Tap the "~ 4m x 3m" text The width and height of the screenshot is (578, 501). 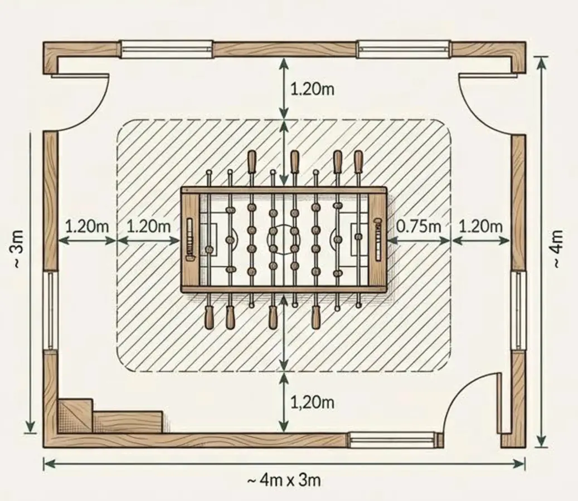click(284, 480)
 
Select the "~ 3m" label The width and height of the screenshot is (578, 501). click(18, 248)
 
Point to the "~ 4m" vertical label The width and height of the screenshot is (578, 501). click(557, 249)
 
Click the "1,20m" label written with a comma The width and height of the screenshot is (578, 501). click(313, 402)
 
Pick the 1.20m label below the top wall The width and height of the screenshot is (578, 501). click(313, 89)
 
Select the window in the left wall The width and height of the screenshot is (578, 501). click(51, 310)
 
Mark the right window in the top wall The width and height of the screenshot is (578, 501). click(405, 50)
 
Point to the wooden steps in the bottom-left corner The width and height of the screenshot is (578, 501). click(110, 416)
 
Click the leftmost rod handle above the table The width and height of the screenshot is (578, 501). click(252, 161)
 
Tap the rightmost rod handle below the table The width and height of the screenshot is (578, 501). click(316, 317)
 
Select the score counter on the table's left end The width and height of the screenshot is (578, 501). click(190, 239)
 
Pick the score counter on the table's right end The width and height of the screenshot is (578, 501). click(377, 239)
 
